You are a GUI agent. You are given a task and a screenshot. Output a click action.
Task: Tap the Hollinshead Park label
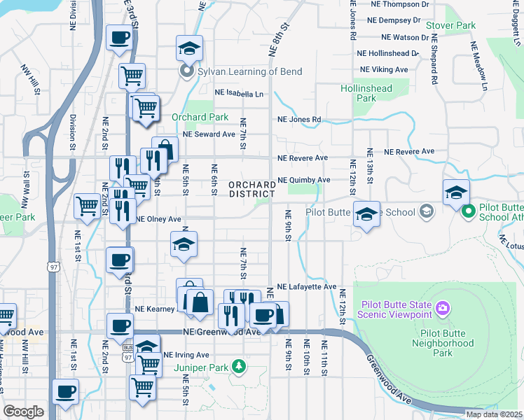[364, 94]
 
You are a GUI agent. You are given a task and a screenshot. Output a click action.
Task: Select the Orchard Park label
[200, 117]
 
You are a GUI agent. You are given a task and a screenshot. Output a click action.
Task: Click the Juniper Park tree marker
[239, 365]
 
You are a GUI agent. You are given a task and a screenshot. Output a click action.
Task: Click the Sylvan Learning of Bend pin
[186, 71]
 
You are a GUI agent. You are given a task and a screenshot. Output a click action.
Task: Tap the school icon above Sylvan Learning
[188, 48]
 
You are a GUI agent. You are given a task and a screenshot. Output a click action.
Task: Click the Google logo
[23, 412]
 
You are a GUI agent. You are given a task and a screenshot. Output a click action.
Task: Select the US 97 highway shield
[53, 267]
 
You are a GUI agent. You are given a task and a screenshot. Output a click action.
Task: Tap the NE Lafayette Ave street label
[307, 287]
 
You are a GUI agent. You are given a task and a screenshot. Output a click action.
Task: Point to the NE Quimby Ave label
[303, 180]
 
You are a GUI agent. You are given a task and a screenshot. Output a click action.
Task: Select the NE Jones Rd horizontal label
[299, 120]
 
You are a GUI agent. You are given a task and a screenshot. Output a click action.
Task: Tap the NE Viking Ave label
[383, 69]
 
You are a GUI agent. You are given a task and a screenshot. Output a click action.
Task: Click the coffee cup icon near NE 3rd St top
[119, 38]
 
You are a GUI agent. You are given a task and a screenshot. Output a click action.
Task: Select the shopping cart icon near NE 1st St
[88, 206]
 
